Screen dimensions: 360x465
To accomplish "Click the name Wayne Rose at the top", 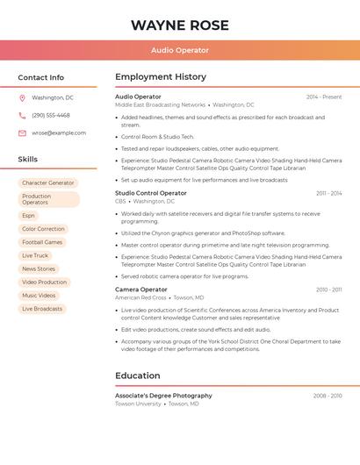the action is (179, 25).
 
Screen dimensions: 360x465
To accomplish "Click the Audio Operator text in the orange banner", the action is (179, 50).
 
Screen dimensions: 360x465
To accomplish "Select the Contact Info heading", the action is (41, 77).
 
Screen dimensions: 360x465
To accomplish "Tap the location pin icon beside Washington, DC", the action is (22, 98).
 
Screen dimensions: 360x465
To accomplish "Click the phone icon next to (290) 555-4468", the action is (22, 115).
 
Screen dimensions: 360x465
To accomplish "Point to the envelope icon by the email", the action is (22, 133).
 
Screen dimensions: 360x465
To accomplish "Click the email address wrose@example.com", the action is (59, 133).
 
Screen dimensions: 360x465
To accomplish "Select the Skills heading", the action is (28, 160).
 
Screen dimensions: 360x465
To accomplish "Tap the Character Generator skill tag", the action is (48, 182).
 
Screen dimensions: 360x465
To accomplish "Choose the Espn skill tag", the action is (29, 215).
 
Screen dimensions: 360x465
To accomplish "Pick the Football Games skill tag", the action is (42, 242).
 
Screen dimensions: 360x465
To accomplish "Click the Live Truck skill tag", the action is (35, 255).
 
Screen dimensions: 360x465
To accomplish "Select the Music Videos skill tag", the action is (39, 296).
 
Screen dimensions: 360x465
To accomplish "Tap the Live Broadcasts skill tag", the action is (42, 309).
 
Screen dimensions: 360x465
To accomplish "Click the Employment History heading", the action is (161, 77).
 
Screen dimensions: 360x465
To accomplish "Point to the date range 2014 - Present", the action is (324, 97).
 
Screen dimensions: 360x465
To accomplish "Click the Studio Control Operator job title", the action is (151, 193).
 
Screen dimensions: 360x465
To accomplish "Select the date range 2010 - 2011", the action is (328, 290).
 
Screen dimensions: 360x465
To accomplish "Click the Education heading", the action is (138, 376).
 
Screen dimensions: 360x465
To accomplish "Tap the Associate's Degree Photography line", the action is (163, 396).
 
